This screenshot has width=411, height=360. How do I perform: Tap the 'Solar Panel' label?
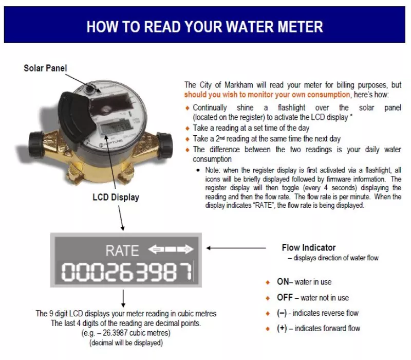coord(45,68)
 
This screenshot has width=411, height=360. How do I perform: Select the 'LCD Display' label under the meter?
coord(116,197)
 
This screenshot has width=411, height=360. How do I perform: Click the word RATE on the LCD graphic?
coord(122,250)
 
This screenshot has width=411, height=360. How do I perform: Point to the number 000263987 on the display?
coord(126,271)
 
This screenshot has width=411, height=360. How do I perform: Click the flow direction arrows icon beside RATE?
coord(171,249)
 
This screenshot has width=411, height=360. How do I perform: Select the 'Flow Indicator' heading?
coord(308,248)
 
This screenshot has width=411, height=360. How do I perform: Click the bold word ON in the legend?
coord(283,282)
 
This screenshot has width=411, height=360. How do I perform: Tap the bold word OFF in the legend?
coord(285,298)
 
